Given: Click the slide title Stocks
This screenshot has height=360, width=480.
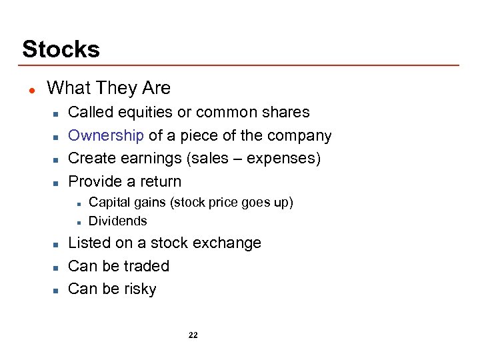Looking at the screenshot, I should [x=61, y=49].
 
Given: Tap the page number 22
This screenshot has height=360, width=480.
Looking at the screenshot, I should [x=193, y=335].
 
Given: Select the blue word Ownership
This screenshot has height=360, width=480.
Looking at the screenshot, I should [x=106, y=135].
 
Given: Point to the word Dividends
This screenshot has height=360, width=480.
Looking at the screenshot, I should [x=117, y=221].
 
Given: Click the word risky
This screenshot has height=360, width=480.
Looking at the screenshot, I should [x=139, y=289].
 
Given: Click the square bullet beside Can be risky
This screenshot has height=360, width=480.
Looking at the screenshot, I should [x=57, y=290].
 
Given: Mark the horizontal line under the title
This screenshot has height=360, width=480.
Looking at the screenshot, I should [x=240, y=65].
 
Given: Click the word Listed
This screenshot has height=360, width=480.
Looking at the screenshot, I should [x=90, y=243].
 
